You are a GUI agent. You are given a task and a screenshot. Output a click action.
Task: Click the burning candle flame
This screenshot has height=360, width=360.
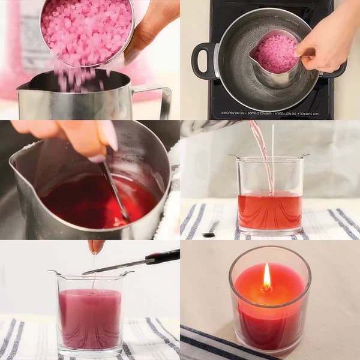tap(267, 277)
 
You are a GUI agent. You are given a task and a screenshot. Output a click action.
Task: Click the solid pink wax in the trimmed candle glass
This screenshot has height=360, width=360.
tap(91, 318)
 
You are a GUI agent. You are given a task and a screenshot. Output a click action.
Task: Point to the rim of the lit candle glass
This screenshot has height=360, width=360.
tap(270, 248)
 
